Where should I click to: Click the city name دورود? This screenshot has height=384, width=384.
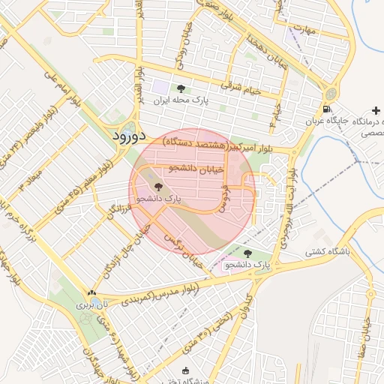[127, 137]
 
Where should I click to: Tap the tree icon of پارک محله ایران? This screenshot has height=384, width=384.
[181, 88]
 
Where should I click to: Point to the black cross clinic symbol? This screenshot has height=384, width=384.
[376, 110]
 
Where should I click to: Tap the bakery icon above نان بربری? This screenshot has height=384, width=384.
[91, 293]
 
